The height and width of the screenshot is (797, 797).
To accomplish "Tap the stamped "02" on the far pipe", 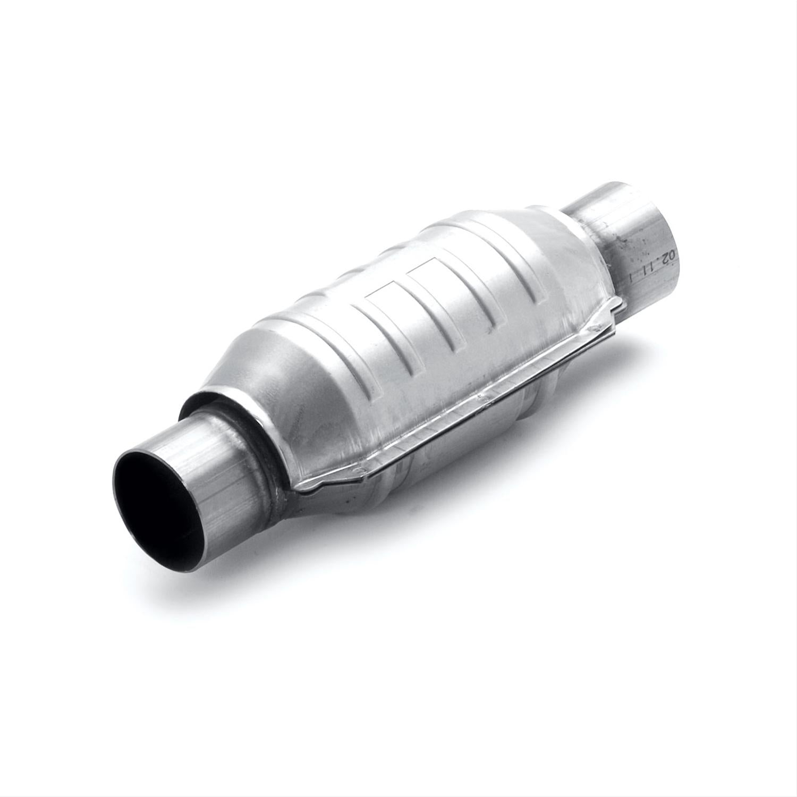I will (x=669, y=257).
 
